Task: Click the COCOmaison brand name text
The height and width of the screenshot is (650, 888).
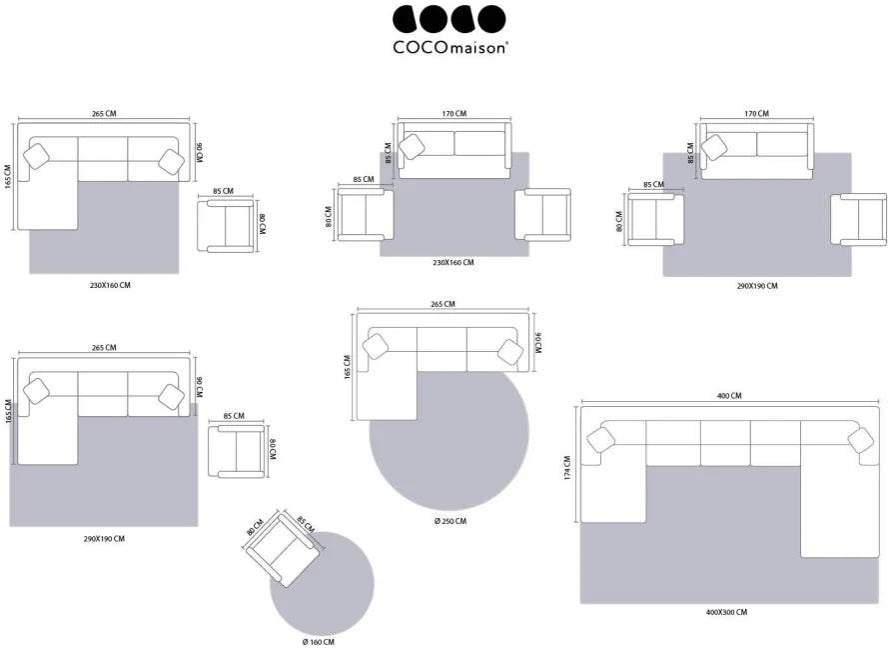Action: (x=449, y=47)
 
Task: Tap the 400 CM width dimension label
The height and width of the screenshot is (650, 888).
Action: (x=729, y=396)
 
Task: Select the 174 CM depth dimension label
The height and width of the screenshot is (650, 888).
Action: (x=567, y=468)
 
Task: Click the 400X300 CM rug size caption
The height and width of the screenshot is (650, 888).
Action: (x=726, y=613)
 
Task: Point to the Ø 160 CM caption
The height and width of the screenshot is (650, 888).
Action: (x=319, y=642)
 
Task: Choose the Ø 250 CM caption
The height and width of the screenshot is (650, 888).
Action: (x=450, y=521)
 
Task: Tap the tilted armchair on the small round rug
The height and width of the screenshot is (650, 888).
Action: (x=283, y=548)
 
